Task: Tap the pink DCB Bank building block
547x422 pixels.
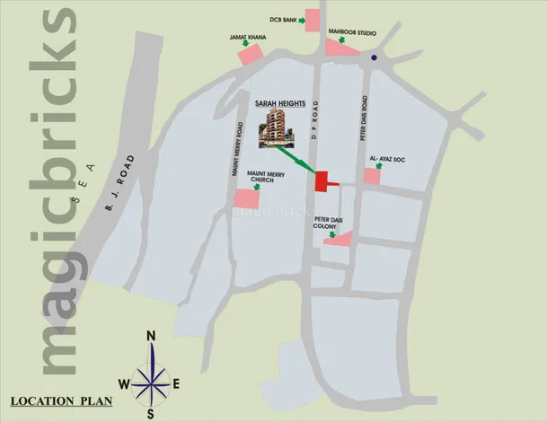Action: [x=313, y=21]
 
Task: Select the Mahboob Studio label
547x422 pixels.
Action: [x=351, y=33]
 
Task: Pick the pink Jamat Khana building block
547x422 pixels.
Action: [x=250, y=54]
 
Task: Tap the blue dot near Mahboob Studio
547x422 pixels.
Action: [x=375, y=58]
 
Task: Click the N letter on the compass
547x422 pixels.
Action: [x=152, y=336]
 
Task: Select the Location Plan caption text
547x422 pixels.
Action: [x=62, y=400]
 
